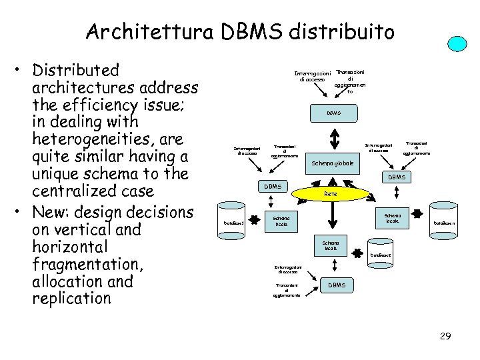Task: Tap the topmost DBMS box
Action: click(x=334, y=113)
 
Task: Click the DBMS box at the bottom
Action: click(x=337, y=285)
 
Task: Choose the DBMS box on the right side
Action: click(x=397, y=177)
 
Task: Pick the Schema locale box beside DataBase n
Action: click(x=393, y=218)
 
